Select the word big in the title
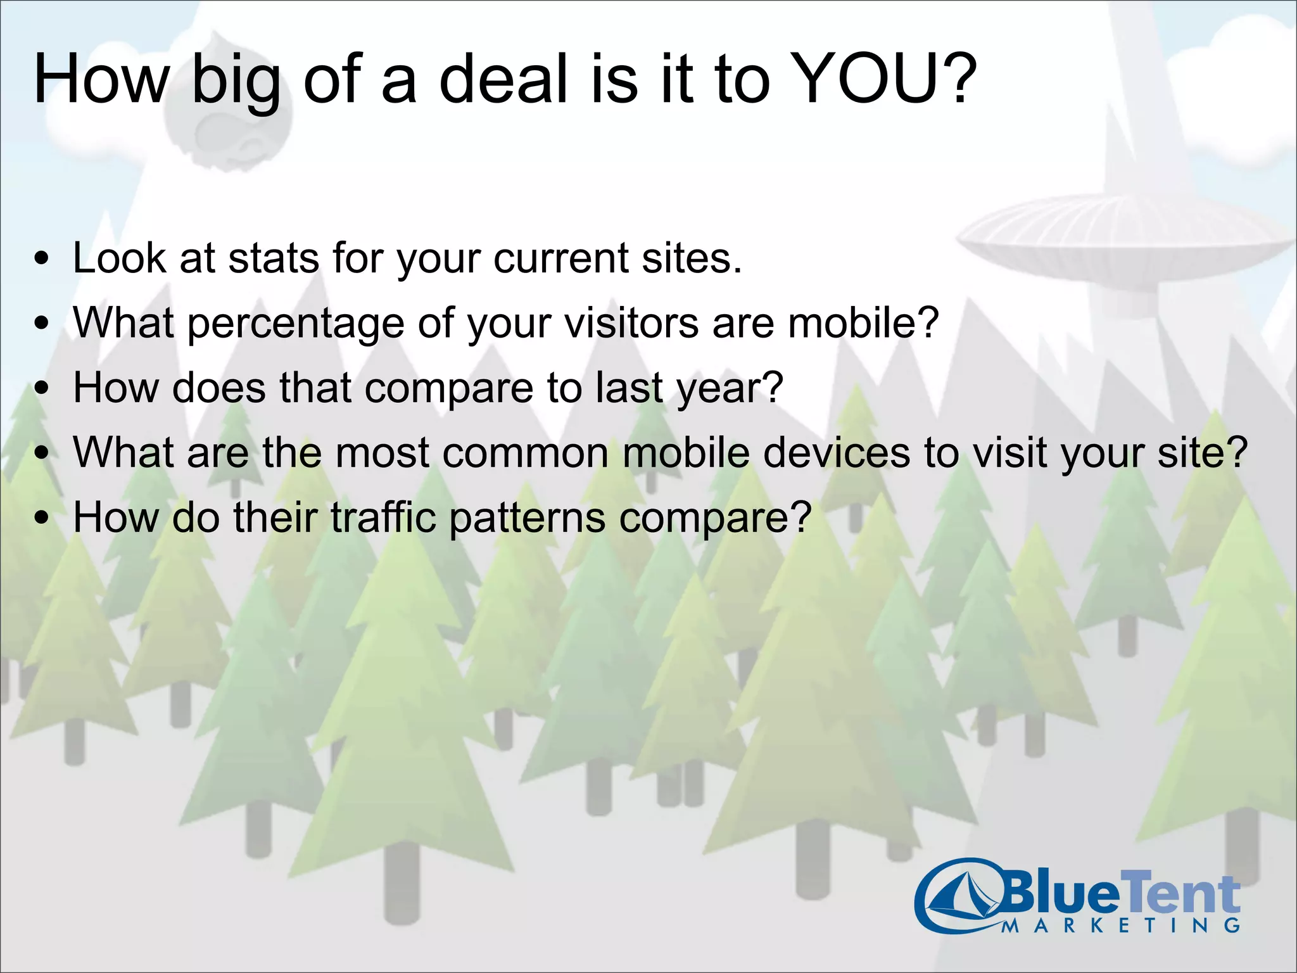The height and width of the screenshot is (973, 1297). (x=236, y=82)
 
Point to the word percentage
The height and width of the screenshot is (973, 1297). (x=296, y=324)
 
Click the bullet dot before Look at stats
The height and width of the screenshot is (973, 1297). (x=42, y=259)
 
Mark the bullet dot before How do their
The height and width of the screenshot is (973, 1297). (x=42, y=518)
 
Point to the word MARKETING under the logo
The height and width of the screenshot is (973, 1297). (x=1121, y=925)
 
